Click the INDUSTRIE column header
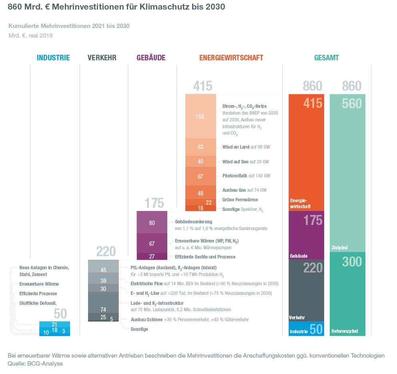[x=53, y=58]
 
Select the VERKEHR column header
[x=102, y=58]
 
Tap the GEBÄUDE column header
[x=151, y=58]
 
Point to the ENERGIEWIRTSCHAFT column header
[x=231, y=58]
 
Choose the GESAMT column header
[x=327, y=58]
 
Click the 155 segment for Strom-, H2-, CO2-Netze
[x=200, y=116]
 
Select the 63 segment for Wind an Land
[x=200, y=147]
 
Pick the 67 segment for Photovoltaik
[x=200, y=176]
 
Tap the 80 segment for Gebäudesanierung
[x=152, y=223]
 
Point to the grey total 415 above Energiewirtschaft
[x=203, y=86]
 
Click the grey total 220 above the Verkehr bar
[x=106, y=252]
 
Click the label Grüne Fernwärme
[x=240, y=200]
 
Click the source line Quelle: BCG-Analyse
[x=35, y=364]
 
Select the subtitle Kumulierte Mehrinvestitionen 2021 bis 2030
[x=69, y=26]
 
